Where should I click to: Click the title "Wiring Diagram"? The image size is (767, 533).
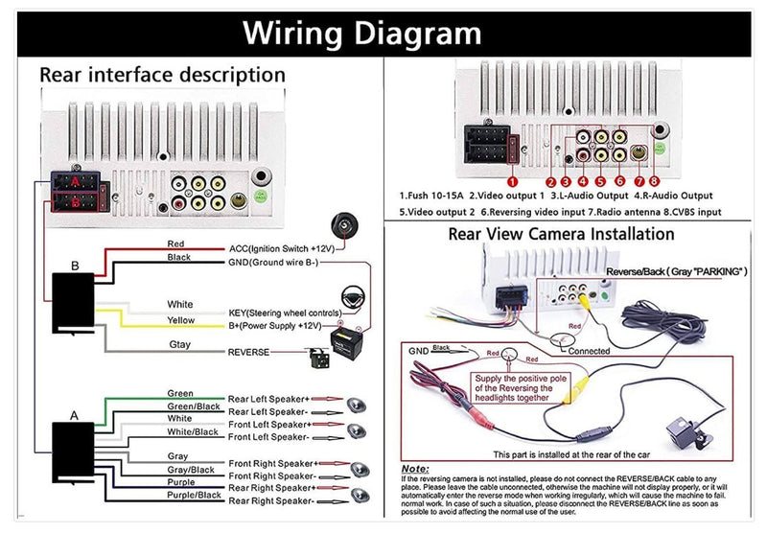click(x=361, y=33)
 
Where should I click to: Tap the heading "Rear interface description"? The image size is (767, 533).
click(x=162, y=75)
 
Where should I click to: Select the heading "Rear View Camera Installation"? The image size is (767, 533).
click(x=561, y=234)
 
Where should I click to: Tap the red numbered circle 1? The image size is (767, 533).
click(x=513, y=178)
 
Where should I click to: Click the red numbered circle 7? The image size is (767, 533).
click(x=639, y=178)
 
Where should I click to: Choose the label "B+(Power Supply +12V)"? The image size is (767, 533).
click(x=274, y=326)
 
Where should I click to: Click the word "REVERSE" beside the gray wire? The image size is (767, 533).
click(x=248, y=352)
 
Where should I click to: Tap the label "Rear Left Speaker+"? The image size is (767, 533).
click(x=268, y=398)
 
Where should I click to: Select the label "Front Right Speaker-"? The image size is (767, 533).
click(x=271, y=475)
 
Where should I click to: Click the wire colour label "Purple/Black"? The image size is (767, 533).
click(x=195, y=496)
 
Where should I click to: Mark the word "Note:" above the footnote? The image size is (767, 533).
click(x=415, y=468)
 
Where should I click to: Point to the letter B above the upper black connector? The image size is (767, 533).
click(x=75, y=265)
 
